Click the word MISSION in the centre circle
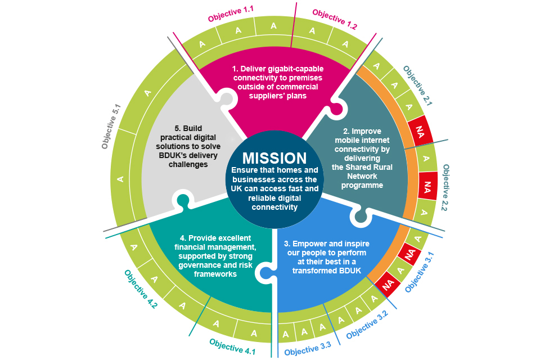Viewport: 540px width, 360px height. click(274, 159)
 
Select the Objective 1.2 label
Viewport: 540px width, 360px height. click(335, 19)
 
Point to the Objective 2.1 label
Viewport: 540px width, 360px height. click(417, 86)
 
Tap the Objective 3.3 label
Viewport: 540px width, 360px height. click(308, 348)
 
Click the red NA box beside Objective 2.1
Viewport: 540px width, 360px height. click(418, 130)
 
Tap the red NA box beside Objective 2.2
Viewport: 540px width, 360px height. click(427, 185)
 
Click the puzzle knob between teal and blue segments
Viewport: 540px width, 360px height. click(262, 273)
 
